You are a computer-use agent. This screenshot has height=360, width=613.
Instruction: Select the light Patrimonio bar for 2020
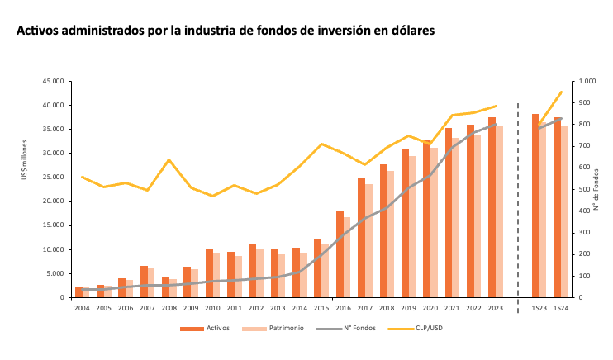click(434, 223)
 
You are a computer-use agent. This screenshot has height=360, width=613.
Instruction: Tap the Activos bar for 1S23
click(535, 206)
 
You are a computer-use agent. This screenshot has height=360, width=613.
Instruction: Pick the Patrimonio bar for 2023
click(499, 212)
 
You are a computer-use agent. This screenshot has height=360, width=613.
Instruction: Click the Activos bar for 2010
click(209, 273)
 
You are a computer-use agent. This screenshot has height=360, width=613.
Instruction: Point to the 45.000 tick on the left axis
click(53, 82)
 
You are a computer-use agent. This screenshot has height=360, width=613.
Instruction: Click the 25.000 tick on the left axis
click(53, 178)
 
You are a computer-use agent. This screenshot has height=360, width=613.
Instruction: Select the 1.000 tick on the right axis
click(588, 82)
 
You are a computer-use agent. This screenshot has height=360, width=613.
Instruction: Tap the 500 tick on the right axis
click(586, 189)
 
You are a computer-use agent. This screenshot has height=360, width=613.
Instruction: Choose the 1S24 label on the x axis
click(561, 308)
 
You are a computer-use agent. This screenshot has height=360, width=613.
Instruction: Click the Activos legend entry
click(207, 329)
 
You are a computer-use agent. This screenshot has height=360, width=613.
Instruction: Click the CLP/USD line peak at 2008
click(169, 159)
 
